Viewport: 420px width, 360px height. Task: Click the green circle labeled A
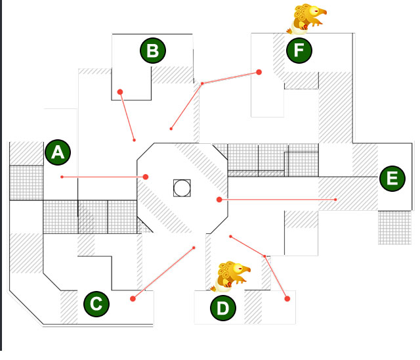pos(58,152)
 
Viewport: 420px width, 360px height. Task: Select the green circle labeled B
pos(153,51)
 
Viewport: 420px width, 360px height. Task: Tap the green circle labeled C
pos(96,304)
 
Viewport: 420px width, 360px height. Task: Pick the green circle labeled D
pos(223,308)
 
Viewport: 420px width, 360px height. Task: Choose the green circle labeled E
pos(392,179)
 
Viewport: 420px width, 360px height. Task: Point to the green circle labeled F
pos(299,51)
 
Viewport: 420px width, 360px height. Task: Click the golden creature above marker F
pos(306,19)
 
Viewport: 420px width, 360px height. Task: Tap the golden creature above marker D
pos(230,277)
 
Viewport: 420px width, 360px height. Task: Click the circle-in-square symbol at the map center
pos(182,188)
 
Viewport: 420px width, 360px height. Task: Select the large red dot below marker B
pos(120,92)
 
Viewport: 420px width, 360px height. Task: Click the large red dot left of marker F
pos(259,72)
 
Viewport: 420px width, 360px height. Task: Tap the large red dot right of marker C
pos(133,299)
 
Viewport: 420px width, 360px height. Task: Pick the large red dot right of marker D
pos(287,299)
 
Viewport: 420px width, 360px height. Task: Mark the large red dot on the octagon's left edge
pos(146,177)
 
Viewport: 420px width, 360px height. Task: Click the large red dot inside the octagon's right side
pos(219,200)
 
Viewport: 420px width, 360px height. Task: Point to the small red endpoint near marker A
pos(62,177)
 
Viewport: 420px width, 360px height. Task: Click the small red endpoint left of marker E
pos(335,200)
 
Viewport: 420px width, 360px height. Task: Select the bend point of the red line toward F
pos(202,83)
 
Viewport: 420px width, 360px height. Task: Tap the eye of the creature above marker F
pos(314,11)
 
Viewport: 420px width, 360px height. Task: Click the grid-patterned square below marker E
pos(394,227)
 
